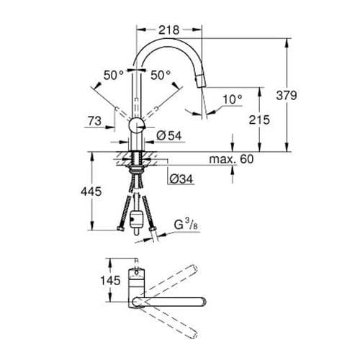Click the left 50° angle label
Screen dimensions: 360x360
pos(113,74)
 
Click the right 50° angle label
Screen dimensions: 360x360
pos(161,74)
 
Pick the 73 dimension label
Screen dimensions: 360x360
pos(94,122)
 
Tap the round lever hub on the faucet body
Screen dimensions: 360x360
pos(135,127)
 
